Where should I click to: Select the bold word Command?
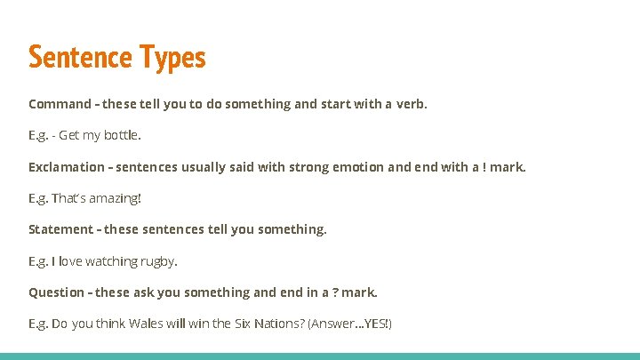[60, 104]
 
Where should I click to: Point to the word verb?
[411, 104]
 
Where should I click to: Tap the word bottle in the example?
[123, 136]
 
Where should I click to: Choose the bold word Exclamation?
[66, 167]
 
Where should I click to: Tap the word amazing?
[116, 198]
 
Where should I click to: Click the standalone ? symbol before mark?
[335, 292]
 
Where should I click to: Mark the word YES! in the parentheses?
[377, 324]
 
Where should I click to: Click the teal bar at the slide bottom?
[320, 356]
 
